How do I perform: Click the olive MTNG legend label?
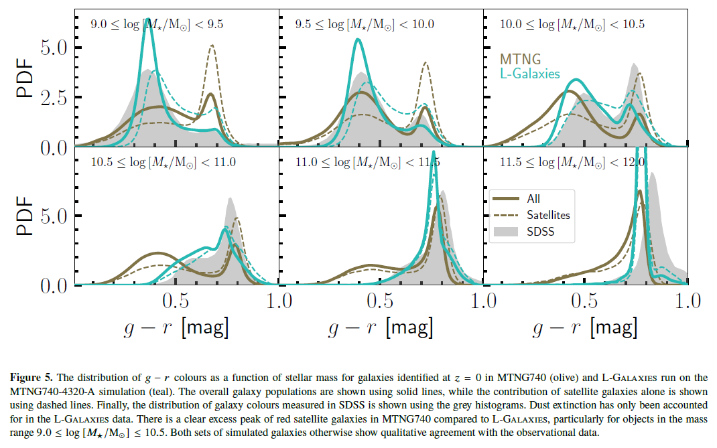coord(521,60)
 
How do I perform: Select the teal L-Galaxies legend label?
coord(529,74)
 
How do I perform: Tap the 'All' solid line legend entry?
coord(533,198)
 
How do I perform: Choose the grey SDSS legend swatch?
coord(507,232)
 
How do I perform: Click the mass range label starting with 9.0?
coord(157,25)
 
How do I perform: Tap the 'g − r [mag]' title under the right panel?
coord(584,327)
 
